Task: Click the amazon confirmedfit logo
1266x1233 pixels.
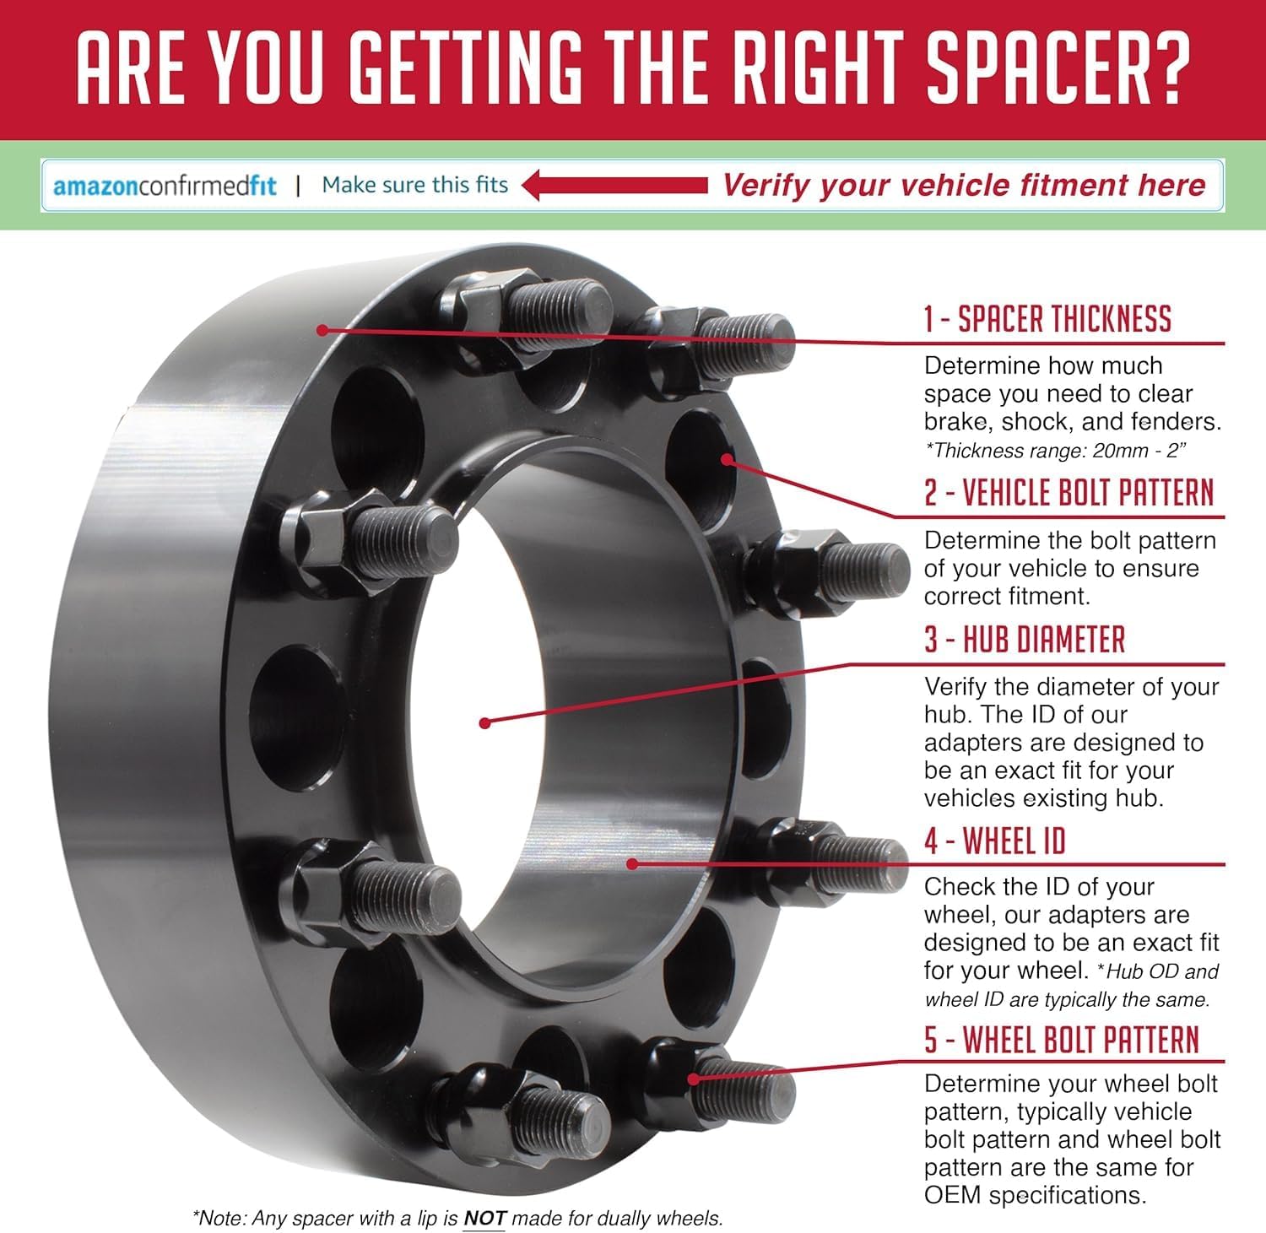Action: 165,185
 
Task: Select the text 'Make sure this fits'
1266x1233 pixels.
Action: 415,185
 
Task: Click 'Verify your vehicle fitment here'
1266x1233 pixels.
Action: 964,185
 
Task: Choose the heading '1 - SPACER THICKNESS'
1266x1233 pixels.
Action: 1047,319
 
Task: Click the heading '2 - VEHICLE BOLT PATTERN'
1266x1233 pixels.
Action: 1069,493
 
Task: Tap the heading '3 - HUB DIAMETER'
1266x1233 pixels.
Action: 1025,640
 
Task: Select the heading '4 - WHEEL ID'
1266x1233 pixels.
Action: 995,841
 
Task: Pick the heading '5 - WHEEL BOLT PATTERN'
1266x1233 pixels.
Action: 1062,1040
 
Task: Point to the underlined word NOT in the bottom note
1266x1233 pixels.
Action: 484,1218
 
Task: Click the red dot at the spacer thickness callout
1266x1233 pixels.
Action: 322,329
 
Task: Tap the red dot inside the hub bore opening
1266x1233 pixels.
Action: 484,722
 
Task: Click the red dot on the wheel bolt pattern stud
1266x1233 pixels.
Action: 694,1079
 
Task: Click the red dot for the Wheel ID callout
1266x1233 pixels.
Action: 631,863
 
